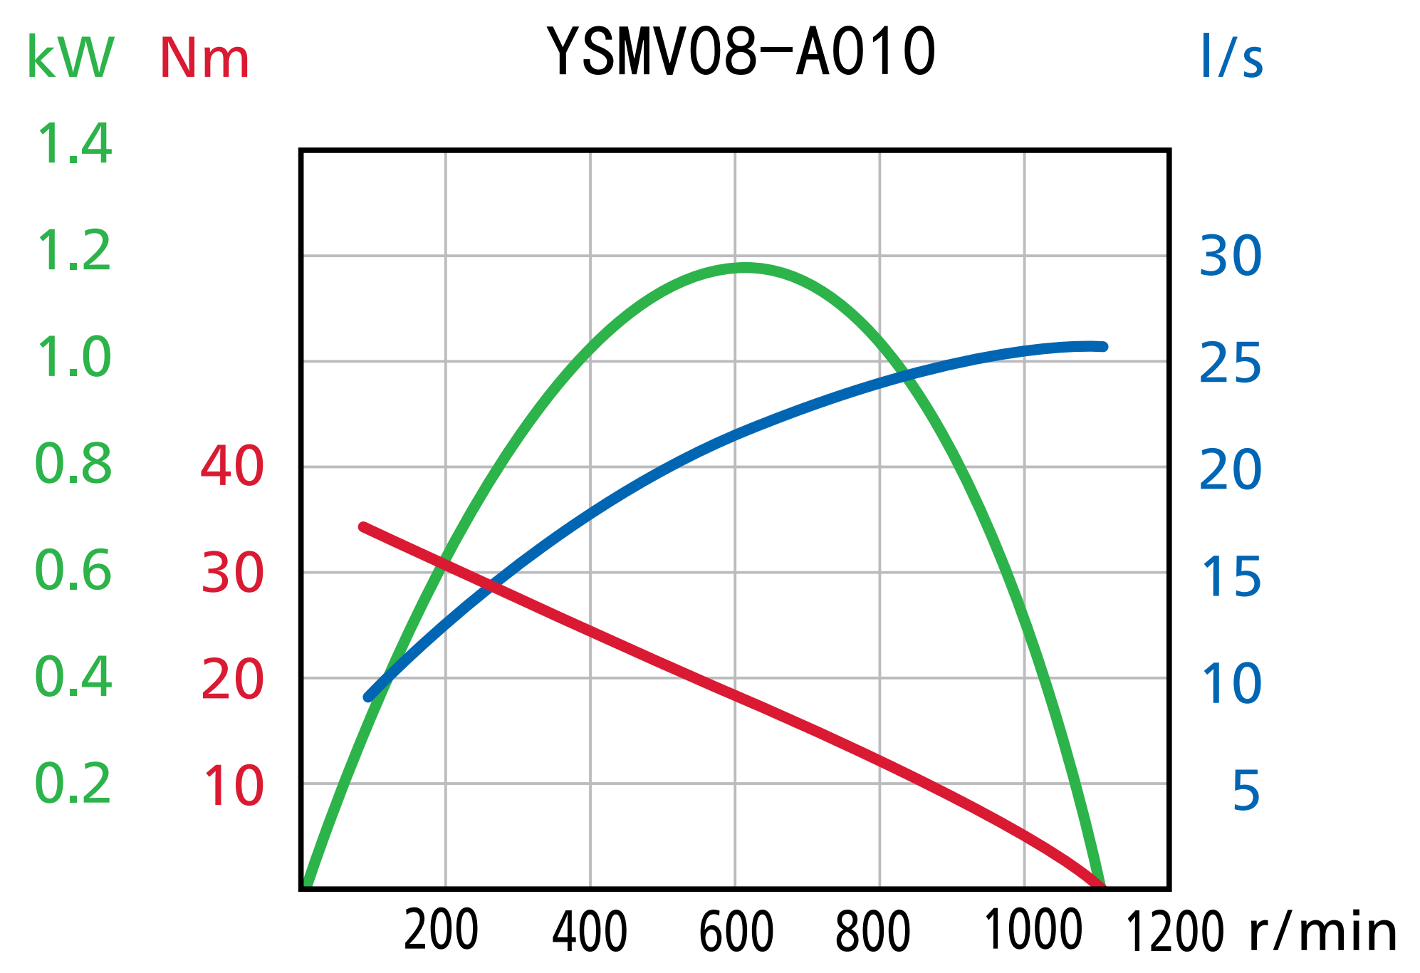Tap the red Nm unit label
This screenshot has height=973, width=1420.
(204, 58)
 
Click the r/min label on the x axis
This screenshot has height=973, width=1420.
(1323, 933)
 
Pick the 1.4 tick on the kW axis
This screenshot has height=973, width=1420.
(73, 145)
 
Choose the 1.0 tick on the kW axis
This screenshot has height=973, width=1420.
(73, 358)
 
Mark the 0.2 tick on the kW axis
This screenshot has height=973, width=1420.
(73, 784)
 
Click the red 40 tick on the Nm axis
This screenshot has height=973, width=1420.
(232, 467)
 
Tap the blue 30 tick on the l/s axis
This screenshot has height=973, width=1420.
(1231, 256)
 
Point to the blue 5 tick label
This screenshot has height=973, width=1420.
(1246, 791)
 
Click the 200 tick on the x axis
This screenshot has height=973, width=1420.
(441, 932)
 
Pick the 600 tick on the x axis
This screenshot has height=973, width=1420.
(736, 932)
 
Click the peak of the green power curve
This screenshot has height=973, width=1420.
(744, 268)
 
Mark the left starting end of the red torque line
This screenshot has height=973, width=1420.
(363, 527)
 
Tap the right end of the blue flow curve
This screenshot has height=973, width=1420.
(1103, 347)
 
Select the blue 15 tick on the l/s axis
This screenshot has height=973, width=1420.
(1232, 577)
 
